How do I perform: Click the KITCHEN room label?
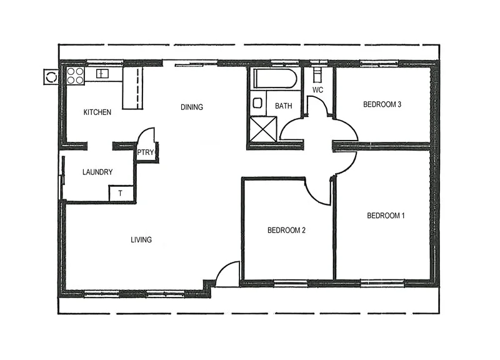97,112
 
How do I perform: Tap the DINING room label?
192,107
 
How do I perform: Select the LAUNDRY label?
97,172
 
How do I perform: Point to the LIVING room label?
141,239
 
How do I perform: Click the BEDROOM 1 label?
386,216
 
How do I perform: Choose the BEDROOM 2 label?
286,230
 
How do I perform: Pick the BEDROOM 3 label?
382,104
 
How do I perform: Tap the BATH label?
283,106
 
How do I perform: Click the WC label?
317,90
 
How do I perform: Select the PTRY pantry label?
145,152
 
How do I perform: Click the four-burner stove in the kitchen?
75,76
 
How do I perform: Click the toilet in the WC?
317,74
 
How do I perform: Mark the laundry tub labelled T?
121,194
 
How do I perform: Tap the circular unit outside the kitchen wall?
50,77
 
